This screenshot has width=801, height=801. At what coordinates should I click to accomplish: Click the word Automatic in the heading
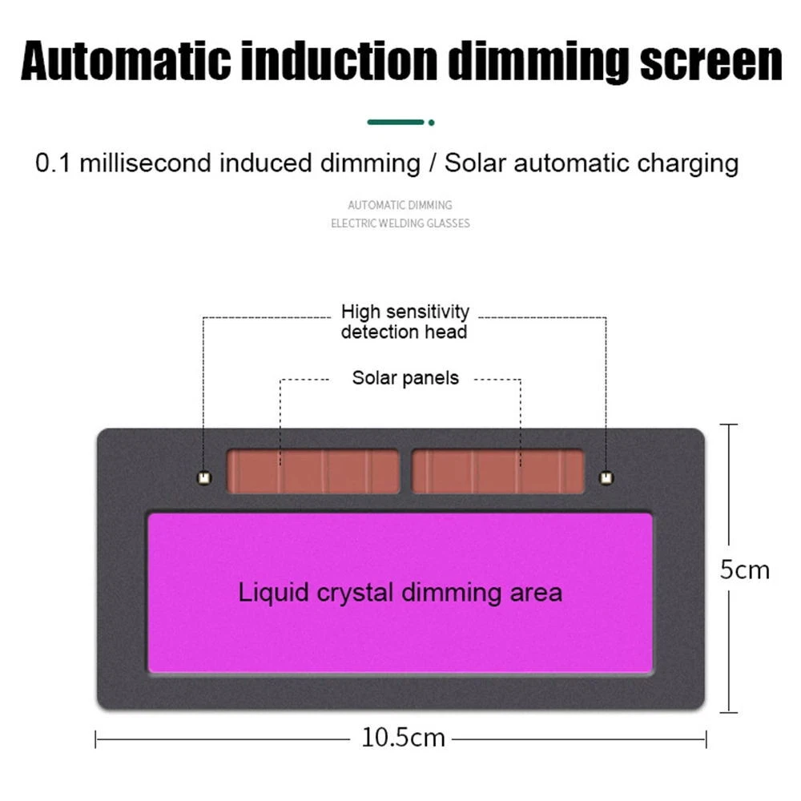tap(121, 62)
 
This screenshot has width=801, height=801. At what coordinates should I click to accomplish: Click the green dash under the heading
tap(396, 123)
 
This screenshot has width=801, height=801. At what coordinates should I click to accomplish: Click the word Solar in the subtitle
tap(476, 163)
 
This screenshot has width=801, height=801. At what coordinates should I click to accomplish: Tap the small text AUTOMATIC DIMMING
tap(400, 205)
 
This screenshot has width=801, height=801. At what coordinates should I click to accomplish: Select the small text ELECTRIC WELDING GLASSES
tap(400, 223)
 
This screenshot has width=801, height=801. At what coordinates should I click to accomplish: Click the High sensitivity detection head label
tap(405, 321)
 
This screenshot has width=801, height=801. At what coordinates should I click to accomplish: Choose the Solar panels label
tap(405, 377)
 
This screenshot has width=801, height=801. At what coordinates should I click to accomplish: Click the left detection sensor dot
tap(204, 478)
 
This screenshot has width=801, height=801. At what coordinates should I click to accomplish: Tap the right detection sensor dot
tap(606, 478)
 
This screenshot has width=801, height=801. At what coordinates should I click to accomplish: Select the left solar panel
tap(313, 472)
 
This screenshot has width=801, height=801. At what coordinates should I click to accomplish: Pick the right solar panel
tap(497, 472)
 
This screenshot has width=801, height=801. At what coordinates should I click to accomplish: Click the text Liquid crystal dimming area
tap(400, 593)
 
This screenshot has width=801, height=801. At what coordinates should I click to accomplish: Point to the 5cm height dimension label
tap(744, 570)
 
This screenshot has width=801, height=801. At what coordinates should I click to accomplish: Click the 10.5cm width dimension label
tap(403, 738)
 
